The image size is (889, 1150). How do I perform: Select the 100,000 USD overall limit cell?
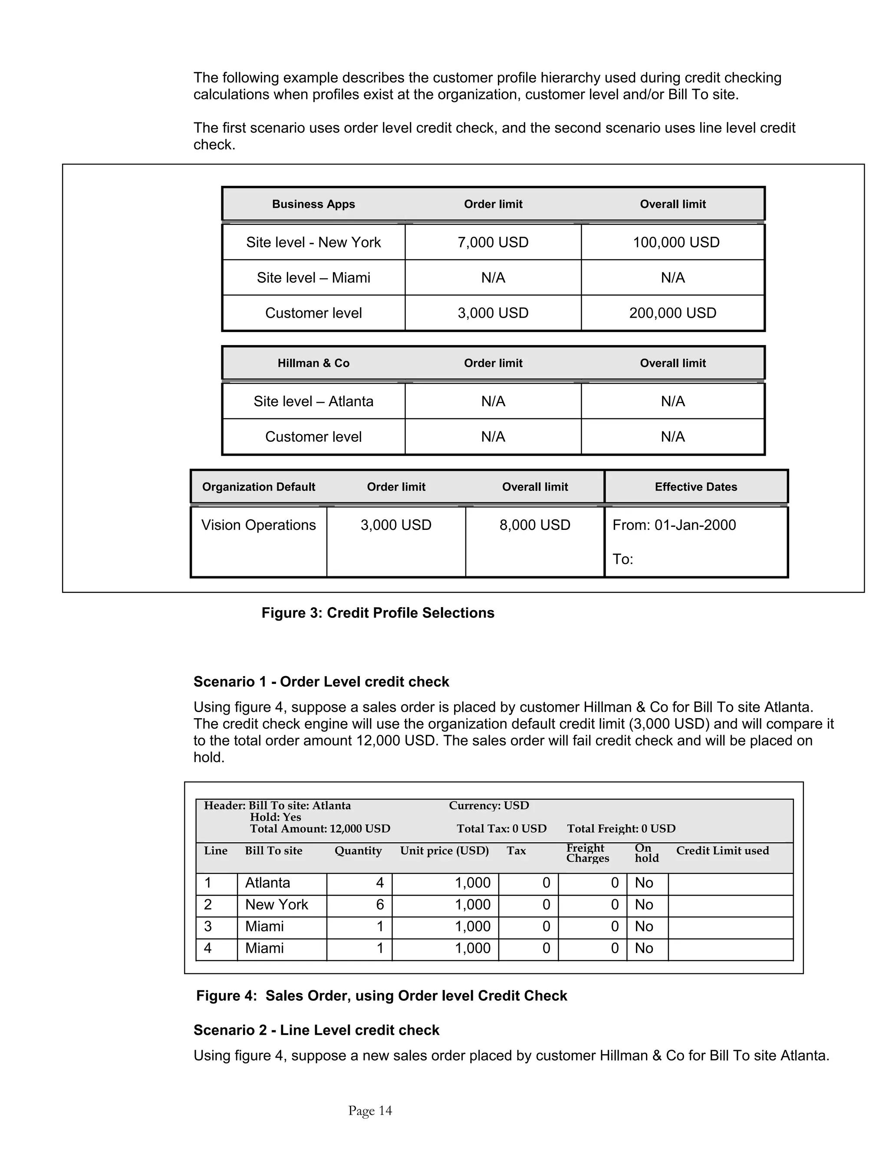[x=676, y=242]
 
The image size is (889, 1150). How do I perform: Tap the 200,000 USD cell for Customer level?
[x=672, y=313]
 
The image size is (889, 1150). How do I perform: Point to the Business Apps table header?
[x=313, y=204]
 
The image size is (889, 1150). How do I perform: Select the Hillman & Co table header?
[x=313, y=363]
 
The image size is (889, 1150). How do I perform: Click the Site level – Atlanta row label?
[x=313, y=401]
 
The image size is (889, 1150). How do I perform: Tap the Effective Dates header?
[x=695, y=487]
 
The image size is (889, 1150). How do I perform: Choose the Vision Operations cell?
[x=259, y=525]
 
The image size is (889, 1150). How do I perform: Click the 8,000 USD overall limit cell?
[x=534, y=525]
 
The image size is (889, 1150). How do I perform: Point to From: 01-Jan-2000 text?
[x=674, y=525]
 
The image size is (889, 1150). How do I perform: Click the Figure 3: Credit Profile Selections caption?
[x=378, y=613]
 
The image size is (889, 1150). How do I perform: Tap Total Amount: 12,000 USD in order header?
[x=319, y=829]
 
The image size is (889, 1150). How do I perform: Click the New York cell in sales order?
[x=277, y=905]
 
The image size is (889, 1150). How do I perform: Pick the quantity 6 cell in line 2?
[x=380, y=905]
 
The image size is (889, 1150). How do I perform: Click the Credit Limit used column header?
[x=722, y=851]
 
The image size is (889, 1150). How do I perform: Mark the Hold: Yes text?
[x=276, y=817]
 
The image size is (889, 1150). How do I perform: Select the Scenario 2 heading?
[x=316, y=1031]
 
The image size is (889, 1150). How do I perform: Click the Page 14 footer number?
[x=370, y=1111]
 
